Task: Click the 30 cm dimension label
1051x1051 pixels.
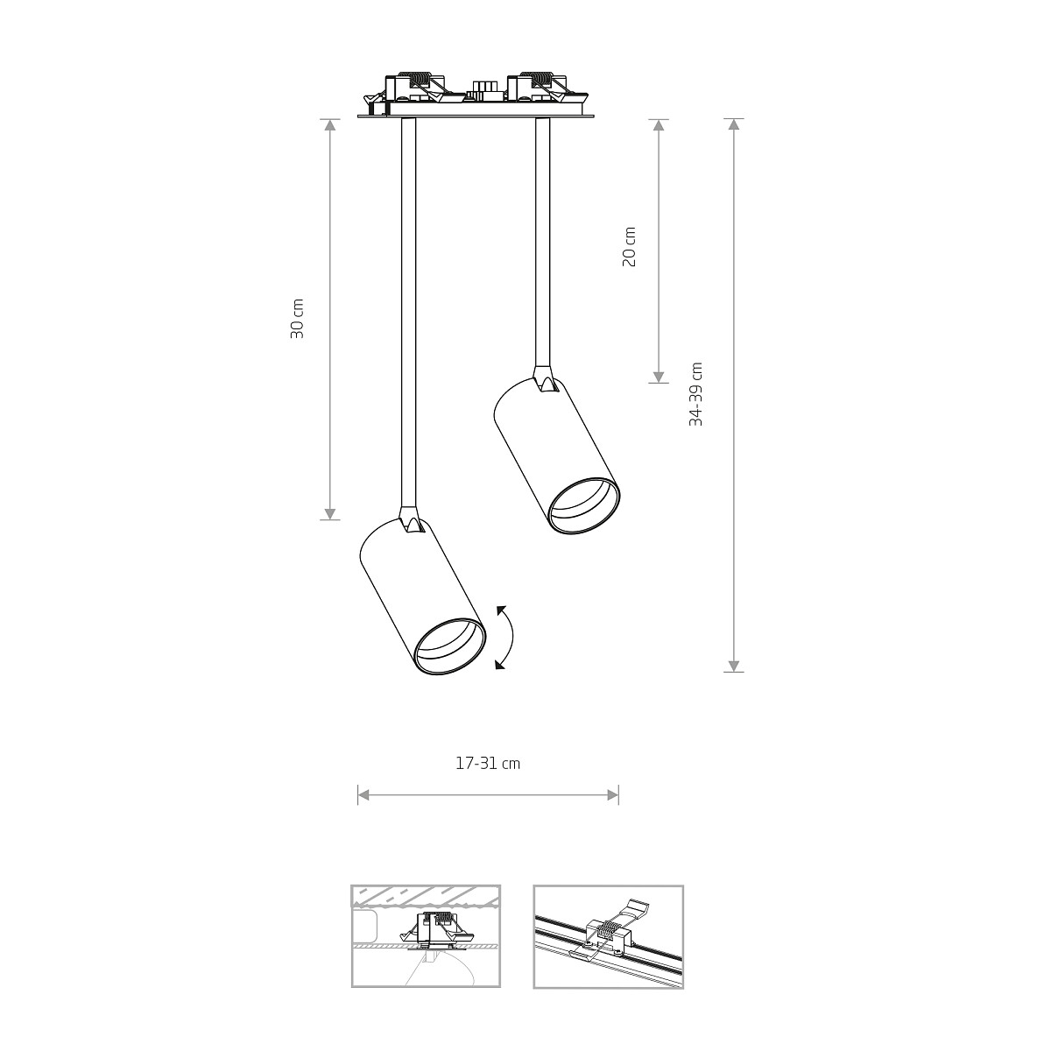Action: [297, 319]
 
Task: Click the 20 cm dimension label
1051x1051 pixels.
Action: [630, 246]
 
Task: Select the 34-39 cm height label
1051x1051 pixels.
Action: [695, 394]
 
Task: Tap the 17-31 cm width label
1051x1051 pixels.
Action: [488, 764]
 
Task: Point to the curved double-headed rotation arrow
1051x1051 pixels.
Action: [511, 637]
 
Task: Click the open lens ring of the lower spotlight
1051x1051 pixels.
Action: [449, 647]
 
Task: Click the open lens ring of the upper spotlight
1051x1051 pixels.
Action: [583, 505]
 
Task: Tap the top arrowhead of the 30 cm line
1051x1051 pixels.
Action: [329, 125]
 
